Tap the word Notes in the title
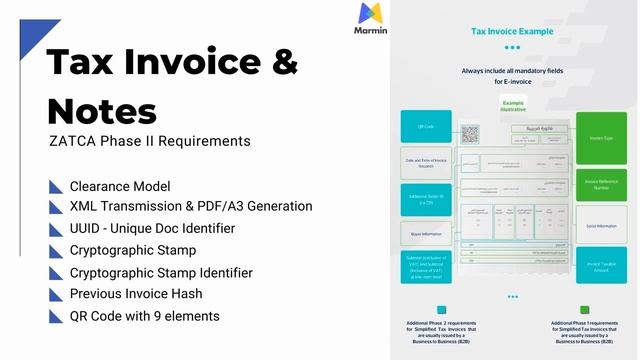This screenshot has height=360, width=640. [102, 108]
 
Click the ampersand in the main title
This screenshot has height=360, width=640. [285, 62]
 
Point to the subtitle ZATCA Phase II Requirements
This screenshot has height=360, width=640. [149, 141]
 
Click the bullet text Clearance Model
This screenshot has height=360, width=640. [120, 186]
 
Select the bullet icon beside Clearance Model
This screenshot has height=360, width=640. [55, 186]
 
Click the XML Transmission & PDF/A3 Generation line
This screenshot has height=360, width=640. [191, 206]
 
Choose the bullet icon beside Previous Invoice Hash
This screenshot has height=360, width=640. [55, 295]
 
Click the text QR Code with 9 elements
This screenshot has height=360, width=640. [145, 316]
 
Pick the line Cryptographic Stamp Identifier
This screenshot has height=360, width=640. [161, 272]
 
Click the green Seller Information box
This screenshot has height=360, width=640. [601, 226]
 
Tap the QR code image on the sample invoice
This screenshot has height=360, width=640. [470, 133]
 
